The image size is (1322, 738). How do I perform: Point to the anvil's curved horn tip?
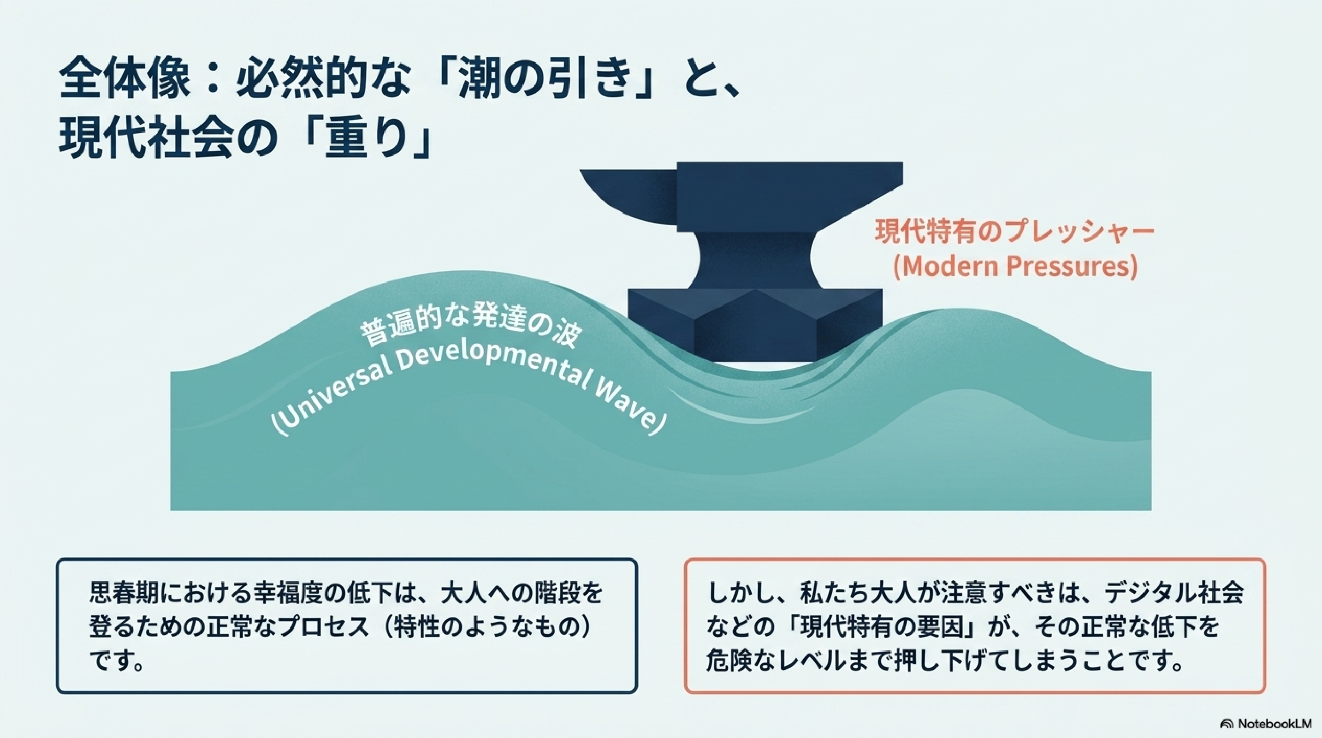(x=582, y=172)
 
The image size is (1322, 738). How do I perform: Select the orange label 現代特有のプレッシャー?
(x=1014, y=232)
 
